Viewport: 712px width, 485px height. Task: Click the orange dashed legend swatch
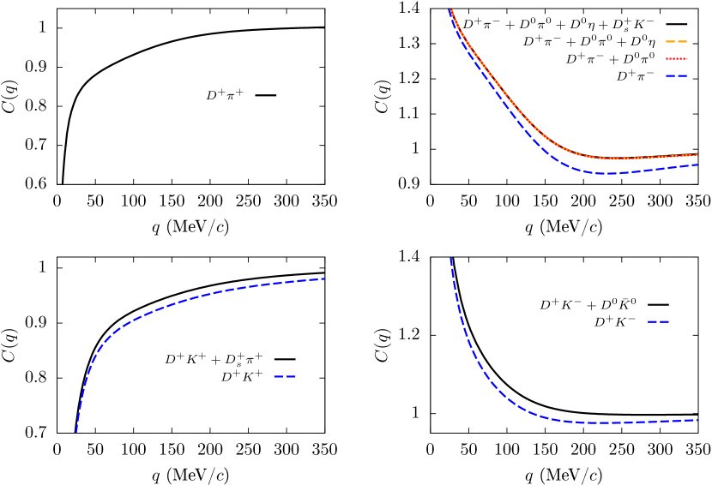coord(676,41)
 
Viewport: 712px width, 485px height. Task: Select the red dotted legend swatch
coord(676,58)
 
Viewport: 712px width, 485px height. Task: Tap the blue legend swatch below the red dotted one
coord(676,75)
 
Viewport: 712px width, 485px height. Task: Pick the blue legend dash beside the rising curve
coord(285,376)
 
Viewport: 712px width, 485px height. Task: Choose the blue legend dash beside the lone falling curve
coord(658,321)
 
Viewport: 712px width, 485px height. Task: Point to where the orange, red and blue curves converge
coord(450,10)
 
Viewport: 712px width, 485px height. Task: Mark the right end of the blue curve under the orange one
coord(697,165)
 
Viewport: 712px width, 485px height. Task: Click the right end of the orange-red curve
coord(697,154)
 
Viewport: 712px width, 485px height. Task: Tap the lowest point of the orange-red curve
coord(613,159)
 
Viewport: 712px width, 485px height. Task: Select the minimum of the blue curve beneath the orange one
coord(606,173)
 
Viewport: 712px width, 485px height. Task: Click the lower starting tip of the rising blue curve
coord(76,432)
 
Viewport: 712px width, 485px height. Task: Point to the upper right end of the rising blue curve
coord(323,278)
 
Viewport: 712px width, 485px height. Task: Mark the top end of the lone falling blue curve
coord(450,258)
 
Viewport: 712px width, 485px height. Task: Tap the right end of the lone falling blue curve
coord(697,420)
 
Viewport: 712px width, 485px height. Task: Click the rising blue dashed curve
coord(172,305)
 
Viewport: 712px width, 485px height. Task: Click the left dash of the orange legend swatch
coord(670,41)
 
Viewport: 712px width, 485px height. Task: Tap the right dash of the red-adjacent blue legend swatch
coord(683,75)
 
